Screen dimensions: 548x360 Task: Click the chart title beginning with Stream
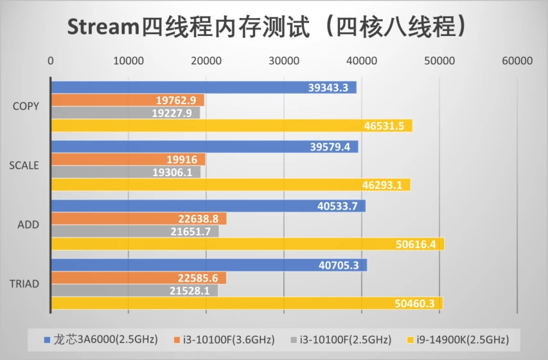(x=267, y=26)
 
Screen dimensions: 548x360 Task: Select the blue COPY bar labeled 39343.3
(x=204, y=87)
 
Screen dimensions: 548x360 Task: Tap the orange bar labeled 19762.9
(x=128, y=100)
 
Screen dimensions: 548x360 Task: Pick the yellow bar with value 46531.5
(x=232, y=125)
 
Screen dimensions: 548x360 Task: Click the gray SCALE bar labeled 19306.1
(x=126, y=172)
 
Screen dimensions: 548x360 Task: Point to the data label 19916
(x=182, y=159)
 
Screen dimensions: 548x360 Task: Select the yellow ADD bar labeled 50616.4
(x=248, y=244)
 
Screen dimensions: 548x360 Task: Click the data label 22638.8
(x=198, y=219)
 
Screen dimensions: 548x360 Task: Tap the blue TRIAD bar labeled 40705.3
(x=209, y=265)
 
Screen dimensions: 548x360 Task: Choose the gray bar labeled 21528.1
(x=134, y=291)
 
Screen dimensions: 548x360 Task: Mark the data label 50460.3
(x=414, y=303)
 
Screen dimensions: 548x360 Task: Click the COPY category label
(x=26, y=106)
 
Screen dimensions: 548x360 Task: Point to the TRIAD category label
(x=24, y=283)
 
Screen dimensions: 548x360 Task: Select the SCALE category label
(x=24, y=165)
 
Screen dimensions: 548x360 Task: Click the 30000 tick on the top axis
(x=284, y=61)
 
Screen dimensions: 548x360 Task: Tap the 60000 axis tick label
(x=517, y=61)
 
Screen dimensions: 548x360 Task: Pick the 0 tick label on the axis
(x=51, y=61)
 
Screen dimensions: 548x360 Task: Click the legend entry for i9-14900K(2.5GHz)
(x=458, y=339)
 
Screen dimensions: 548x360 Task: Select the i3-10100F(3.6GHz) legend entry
(x=224, y=339)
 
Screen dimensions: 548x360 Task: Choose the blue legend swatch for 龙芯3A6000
(x=47, y=339)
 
